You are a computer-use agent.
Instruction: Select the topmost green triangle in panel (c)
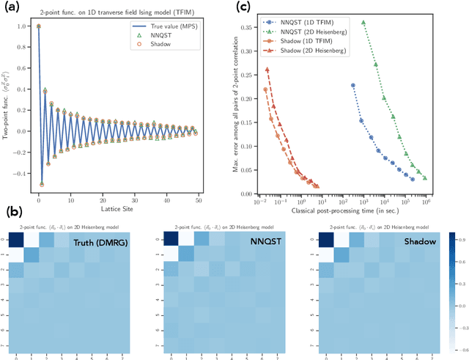coord(363,23)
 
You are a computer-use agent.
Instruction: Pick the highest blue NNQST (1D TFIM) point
coord(352,85)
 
